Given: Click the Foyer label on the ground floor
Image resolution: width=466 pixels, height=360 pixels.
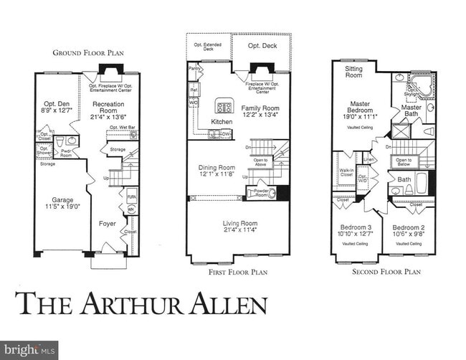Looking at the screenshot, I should pos(108,224).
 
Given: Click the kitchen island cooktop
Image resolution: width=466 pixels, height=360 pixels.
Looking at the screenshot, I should pos(223,108).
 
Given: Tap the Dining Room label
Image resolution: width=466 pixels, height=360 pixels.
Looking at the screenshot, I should pos(216,168).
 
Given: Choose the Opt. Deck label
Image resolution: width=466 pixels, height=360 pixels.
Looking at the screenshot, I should pos(262,46).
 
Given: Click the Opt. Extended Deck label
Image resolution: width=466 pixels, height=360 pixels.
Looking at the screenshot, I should pos(207,47).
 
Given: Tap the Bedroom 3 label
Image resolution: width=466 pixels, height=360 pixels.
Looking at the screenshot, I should pos(356,227).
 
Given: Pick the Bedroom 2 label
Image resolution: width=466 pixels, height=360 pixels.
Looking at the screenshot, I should pos(409,227).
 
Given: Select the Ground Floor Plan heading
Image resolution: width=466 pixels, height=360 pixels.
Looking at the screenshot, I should pos(88,52).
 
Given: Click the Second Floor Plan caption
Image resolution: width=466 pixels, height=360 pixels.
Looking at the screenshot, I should pos(386,272).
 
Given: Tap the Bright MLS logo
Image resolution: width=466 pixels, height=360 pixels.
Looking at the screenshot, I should pos(24,350).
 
